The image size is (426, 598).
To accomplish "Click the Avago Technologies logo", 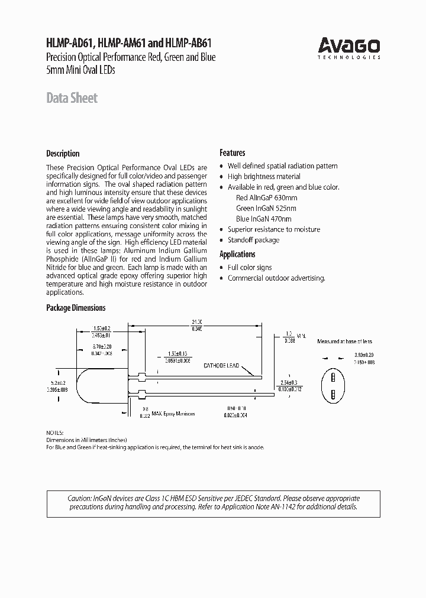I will [x=348, y=47].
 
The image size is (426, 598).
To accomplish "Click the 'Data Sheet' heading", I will [x=72, y=98].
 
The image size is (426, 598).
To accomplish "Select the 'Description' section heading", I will [x=63, y=153].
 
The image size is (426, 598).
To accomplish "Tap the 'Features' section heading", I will [x=232, y=152].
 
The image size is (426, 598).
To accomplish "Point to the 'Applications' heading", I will [x=237, y=254].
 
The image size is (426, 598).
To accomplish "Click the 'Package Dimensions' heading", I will [x=76, y=308].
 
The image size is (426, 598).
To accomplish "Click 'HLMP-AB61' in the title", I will [x=191, y=43].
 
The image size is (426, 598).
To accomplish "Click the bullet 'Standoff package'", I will [x=253, y=240].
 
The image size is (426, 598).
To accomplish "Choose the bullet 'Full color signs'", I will [x=250, y=268].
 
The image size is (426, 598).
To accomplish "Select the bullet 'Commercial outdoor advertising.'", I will [x=276, y=278].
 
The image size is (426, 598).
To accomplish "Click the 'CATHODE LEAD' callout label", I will [x=221, y=366].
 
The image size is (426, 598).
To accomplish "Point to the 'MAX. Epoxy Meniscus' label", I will [x=176, y=414].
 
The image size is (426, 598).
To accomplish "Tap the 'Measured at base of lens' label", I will [x=344, y=342].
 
